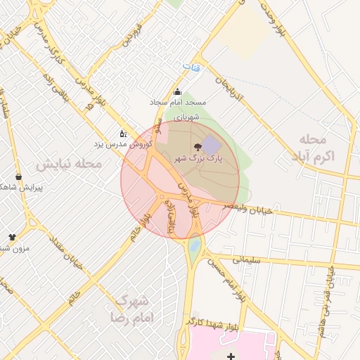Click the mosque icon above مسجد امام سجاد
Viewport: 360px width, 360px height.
(176, 91)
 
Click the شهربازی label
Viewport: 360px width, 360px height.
(188, 115)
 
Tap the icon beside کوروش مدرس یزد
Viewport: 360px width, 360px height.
(123, 133)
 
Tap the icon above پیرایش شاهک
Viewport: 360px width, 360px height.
(18, 176)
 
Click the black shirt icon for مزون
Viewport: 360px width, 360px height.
(12, 237)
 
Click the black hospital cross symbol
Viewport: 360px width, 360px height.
(231, 356)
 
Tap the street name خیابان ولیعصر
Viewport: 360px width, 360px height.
(247, 208)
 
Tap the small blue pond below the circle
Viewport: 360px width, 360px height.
(195, 246)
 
